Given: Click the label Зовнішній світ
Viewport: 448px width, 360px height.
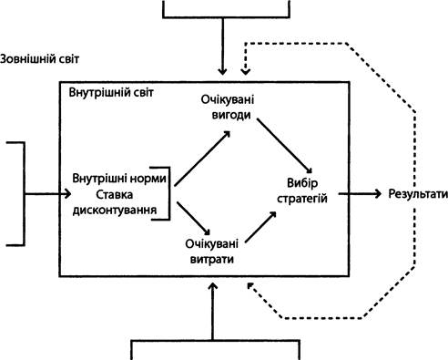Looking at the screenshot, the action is (x=39, y=58).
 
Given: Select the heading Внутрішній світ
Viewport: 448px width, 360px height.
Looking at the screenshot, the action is (x=111, y=92).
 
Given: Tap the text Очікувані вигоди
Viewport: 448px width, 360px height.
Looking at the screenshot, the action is (x=228, y=108).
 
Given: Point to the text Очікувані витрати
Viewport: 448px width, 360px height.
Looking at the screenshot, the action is (x=212, y=252).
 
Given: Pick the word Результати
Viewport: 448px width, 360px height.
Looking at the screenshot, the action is (x=418, y=194).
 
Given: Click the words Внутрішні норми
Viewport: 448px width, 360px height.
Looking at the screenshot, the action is (x=119, y=179).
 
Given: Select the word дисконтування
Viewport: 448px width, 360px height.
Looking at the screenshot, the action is (x=115, y=210).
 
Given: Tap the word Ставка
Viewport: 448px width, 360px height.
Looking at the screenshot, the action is (x=115, y=194).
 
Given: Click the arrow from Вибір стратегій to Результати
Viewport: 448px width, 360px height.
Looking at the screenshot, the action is (x=360, y=193).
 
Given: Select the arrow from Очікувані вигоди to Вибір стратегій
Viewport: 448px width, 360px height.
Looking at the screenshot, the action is (x=284, y=146).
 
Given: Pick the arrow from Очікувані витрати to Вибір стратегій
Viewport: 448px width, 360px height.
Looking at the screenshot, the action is (x=260, y=227).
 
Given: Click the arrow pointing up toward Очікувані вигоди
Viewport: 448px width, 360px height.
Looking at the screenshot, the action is (x=202, y=158).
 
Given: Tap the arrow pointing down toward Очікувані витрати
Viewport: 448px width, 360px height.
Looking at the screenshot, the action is (x=193, y=219).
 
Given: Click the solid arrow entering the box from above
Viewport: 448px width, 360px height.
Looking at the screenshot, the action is (x=223, y=46).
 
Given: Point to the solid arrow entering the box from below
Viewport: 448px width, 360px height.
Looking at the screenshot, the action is (x=213, y=312).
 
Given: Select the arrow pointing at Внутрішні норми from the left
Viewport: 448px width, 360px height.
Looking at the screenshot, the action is (x=47, y=194).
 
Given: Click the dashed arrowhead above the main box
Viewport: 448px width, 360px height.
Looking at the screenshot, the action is (x=245, y=71).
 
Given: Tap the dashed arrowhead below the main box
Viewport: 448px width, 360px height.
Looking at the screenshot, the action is (x=250, y=286).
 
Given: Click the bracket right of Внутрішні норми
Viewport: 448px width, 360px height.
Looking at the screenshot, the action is (x=169, y=193).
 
